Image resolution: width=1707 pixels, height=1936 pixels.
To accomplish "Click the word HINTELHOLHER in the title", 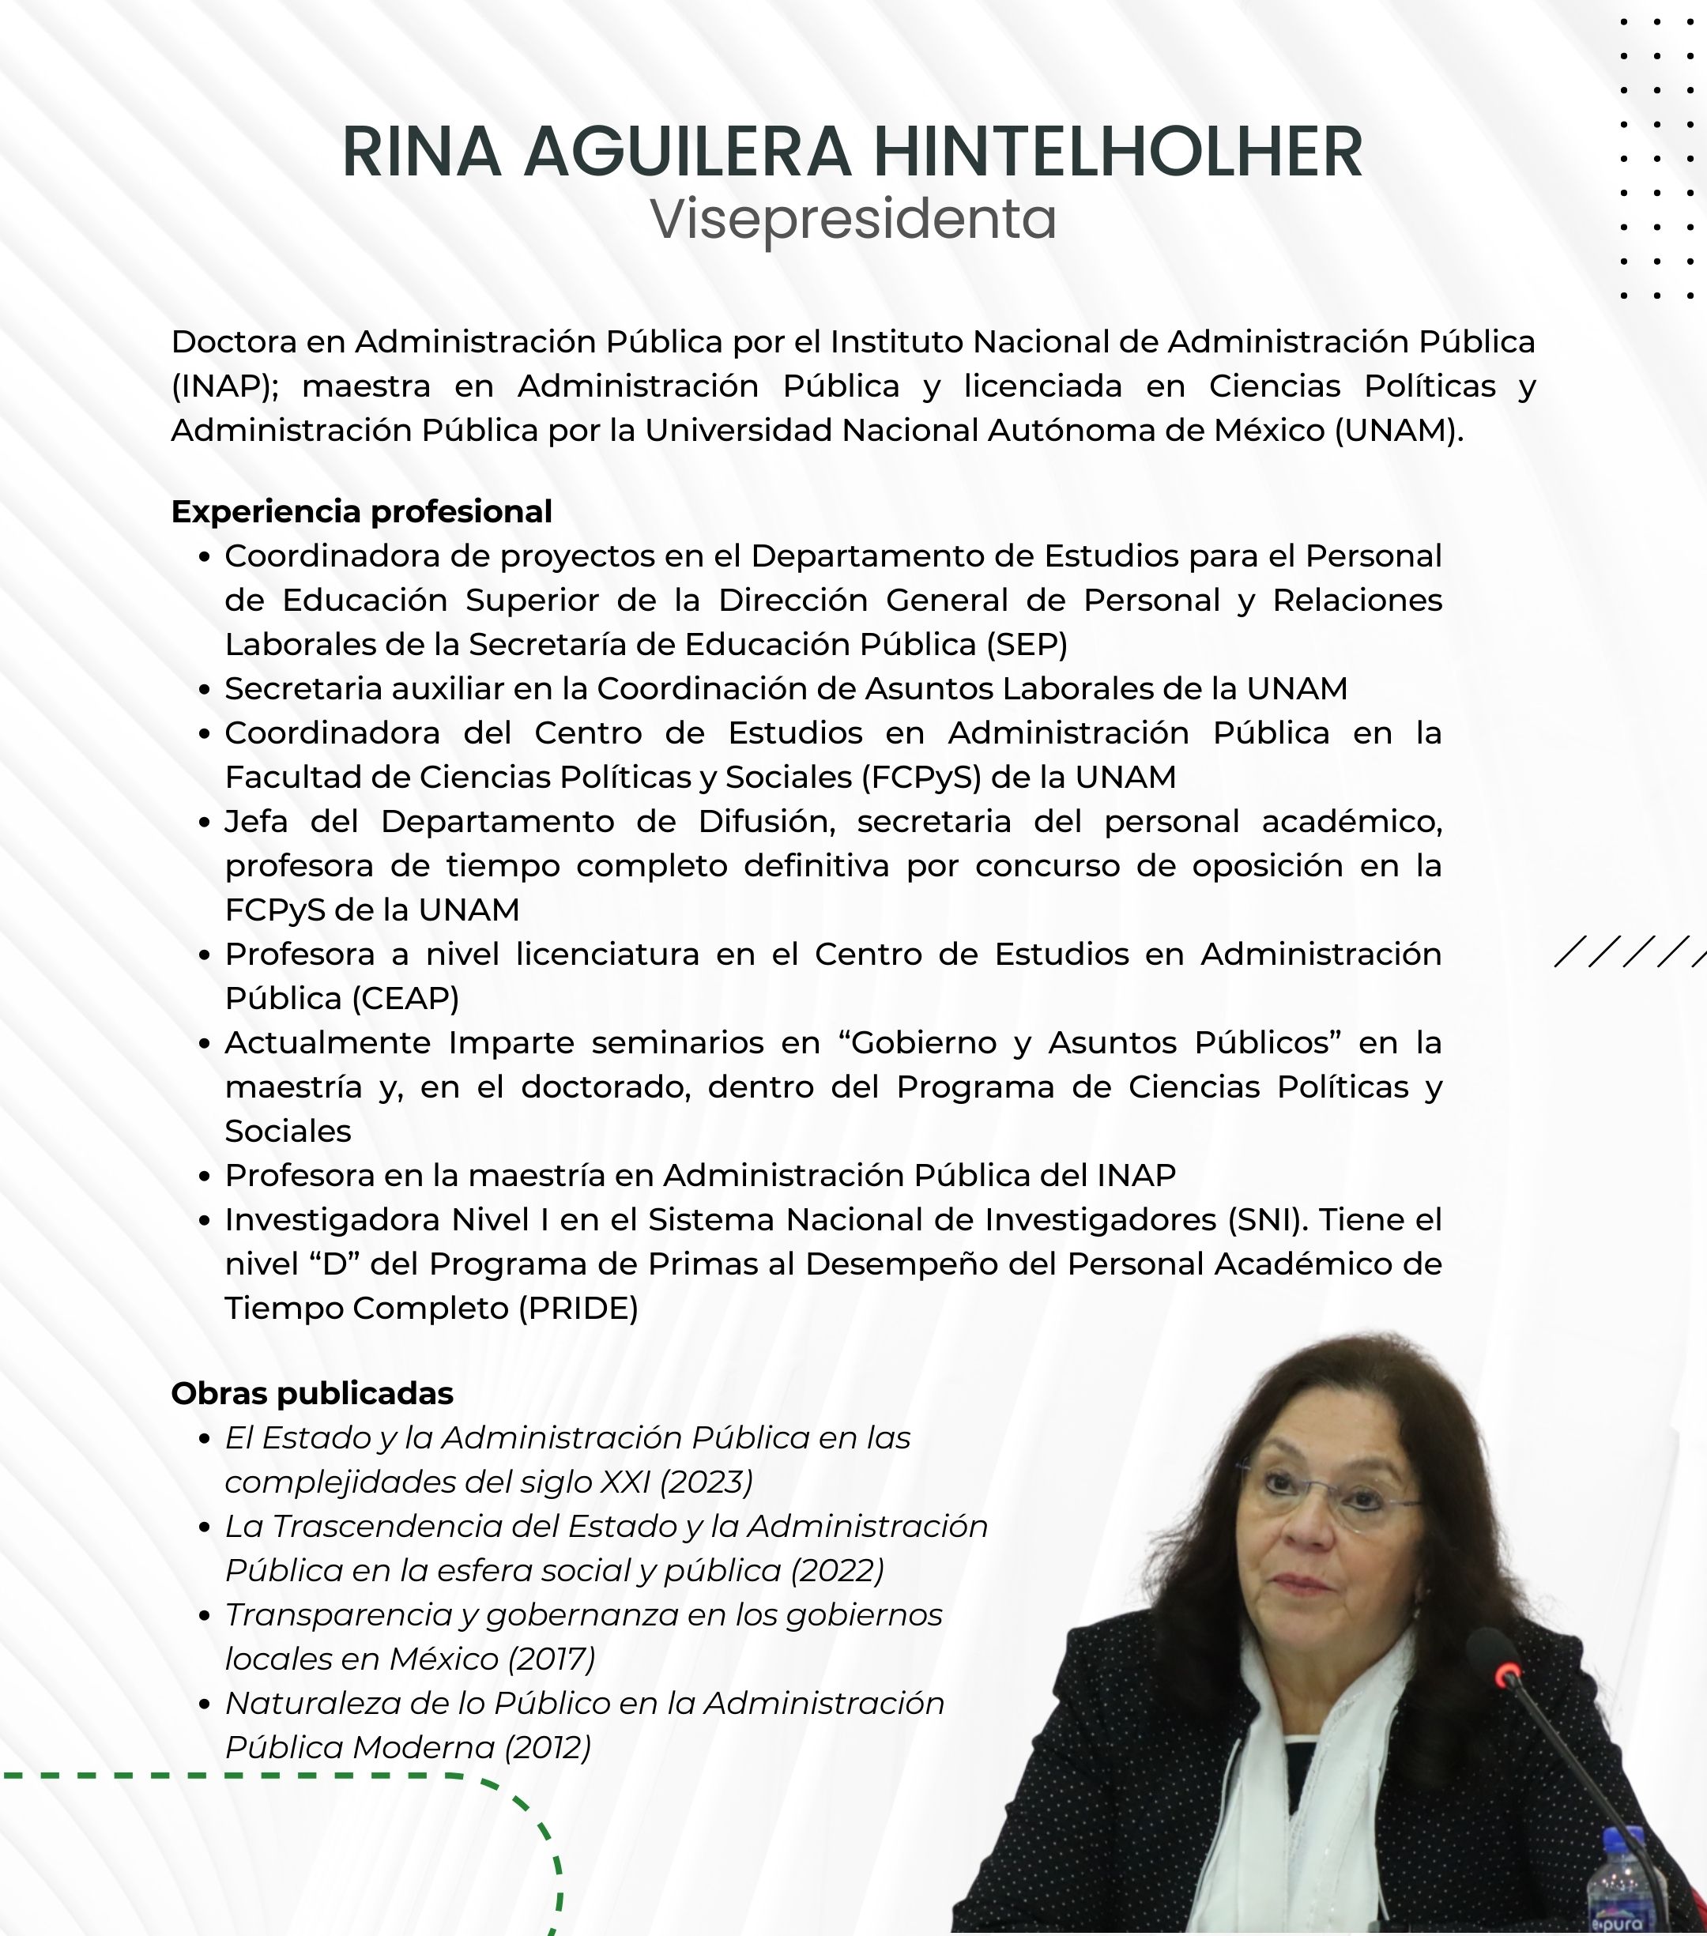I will coord(1117,152).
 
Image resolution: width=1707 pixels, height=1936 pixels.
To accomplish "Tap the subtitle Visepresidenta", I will coord(853,219).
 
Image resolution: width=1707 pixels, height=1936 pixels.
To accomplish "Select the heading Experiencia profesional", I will coord(361,511).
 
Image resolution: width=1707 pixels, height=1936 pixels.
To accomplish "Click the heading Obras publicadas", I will coord(311,1393).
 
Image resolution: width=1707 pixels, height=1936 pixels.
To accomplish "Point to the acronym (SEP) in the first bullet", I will coord(1026,644).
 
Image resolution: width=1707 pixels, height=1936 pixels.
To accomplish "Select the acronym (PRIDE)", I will coord(578,1308).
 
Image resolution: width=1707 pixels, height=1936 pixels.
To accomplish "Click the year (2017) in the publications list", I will coord(552,1659).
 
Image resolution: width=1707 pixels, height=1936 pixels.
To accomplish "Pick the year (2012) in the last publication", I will coord(548,1746).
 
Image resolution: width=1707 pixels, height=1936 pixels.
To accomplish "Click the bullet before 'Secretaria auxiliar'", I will coord(204,690).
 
